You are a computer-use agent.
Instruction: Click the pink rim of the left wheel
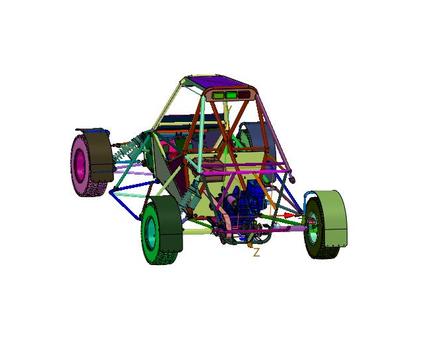pyautogui.click(x=79, y=166)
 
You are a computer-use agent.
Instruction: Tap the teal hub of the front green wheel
pyautogui.click(x=152, y=231)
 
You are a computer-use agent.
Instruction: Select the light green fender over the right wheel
pyautogui.click(x=332, y=217)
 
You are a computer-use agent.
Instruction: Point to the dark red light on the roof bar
pyautogui.click(x=244, y=95)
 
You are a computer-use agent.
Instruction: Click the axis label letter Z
pyautogui.click(x=256, y=252)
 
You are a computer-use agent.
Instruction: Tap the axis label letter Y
pyautogui.click(x=229, y=109)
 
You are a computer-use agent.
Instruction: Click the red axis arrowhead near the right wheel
pyautogui.click(x=288, y=215)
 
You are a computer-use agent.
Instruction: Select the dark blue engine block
pyautogui.click(x=242, y=204)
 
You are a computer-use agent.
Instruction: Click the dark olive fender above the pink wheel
pyautogui.click(x=98, y=154)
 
